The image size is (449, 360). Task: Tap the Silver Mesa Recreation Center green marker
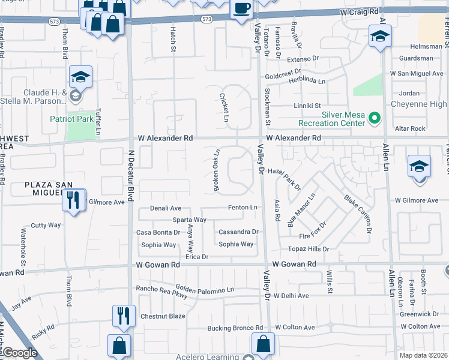tap(375, 118)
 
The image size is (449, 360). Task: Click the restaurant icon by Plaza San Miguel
tap(73, 200)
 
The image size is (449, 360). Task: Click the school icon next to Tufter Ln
tap(80, 77)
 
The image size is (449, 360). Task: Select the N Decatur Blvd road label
tap(130, 174)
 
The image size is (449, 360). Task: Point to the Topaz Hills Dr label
tap(309, 248)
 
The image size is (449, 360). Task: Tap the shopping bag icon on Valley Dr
tap(263, 344)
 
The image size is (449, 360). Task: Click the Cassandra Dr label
tap(238, 232)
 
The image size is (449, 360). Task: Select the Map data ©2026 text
tap(423, 355)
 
